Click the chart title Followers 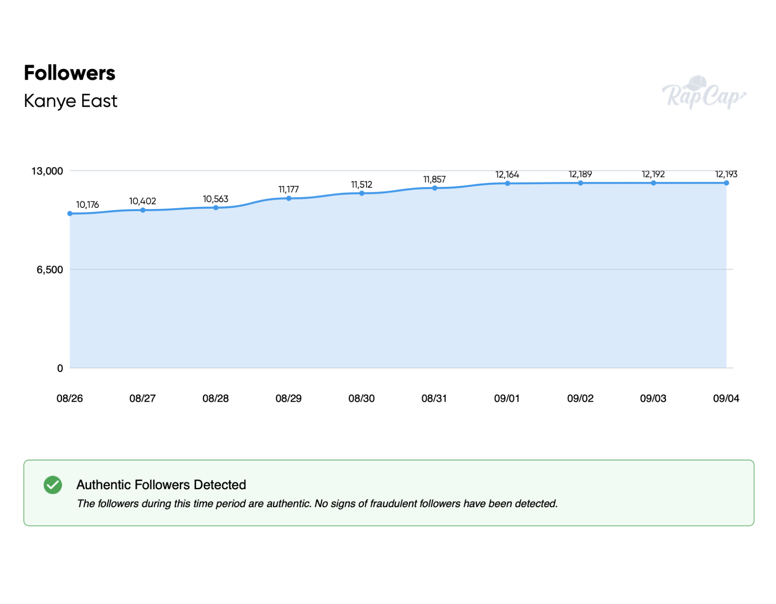[x=69, y=73]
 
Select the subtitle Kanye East [x=70, y=101]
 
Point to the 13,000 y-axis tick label [x=47, y=171]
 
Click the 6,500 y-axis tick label [x=50, y=270]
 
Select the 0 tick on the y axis [x=60, y=368]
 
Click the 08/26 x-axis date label [x=69, y=398]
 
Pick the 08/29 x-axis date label [x=288, y=398]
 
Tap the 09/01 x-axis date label [x=507, y=398]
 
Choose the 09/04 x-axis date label [x=726, y=398]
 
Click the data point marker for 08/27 [x=143, y=210]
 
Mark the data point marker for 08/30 [x=361, y=193]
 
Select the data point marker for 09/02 [x=580, y=183]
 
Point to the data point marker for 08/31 [x=434, y=188]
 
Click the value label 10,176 [x=87, y=205]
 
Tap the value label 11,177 [x=288, y=189]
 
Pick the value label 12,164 [x=507, y=174]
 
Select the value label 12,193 [x=726, y=174]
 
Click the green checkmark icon [x=53, y=485]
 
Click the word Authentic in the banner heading [x=103, y=484]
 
